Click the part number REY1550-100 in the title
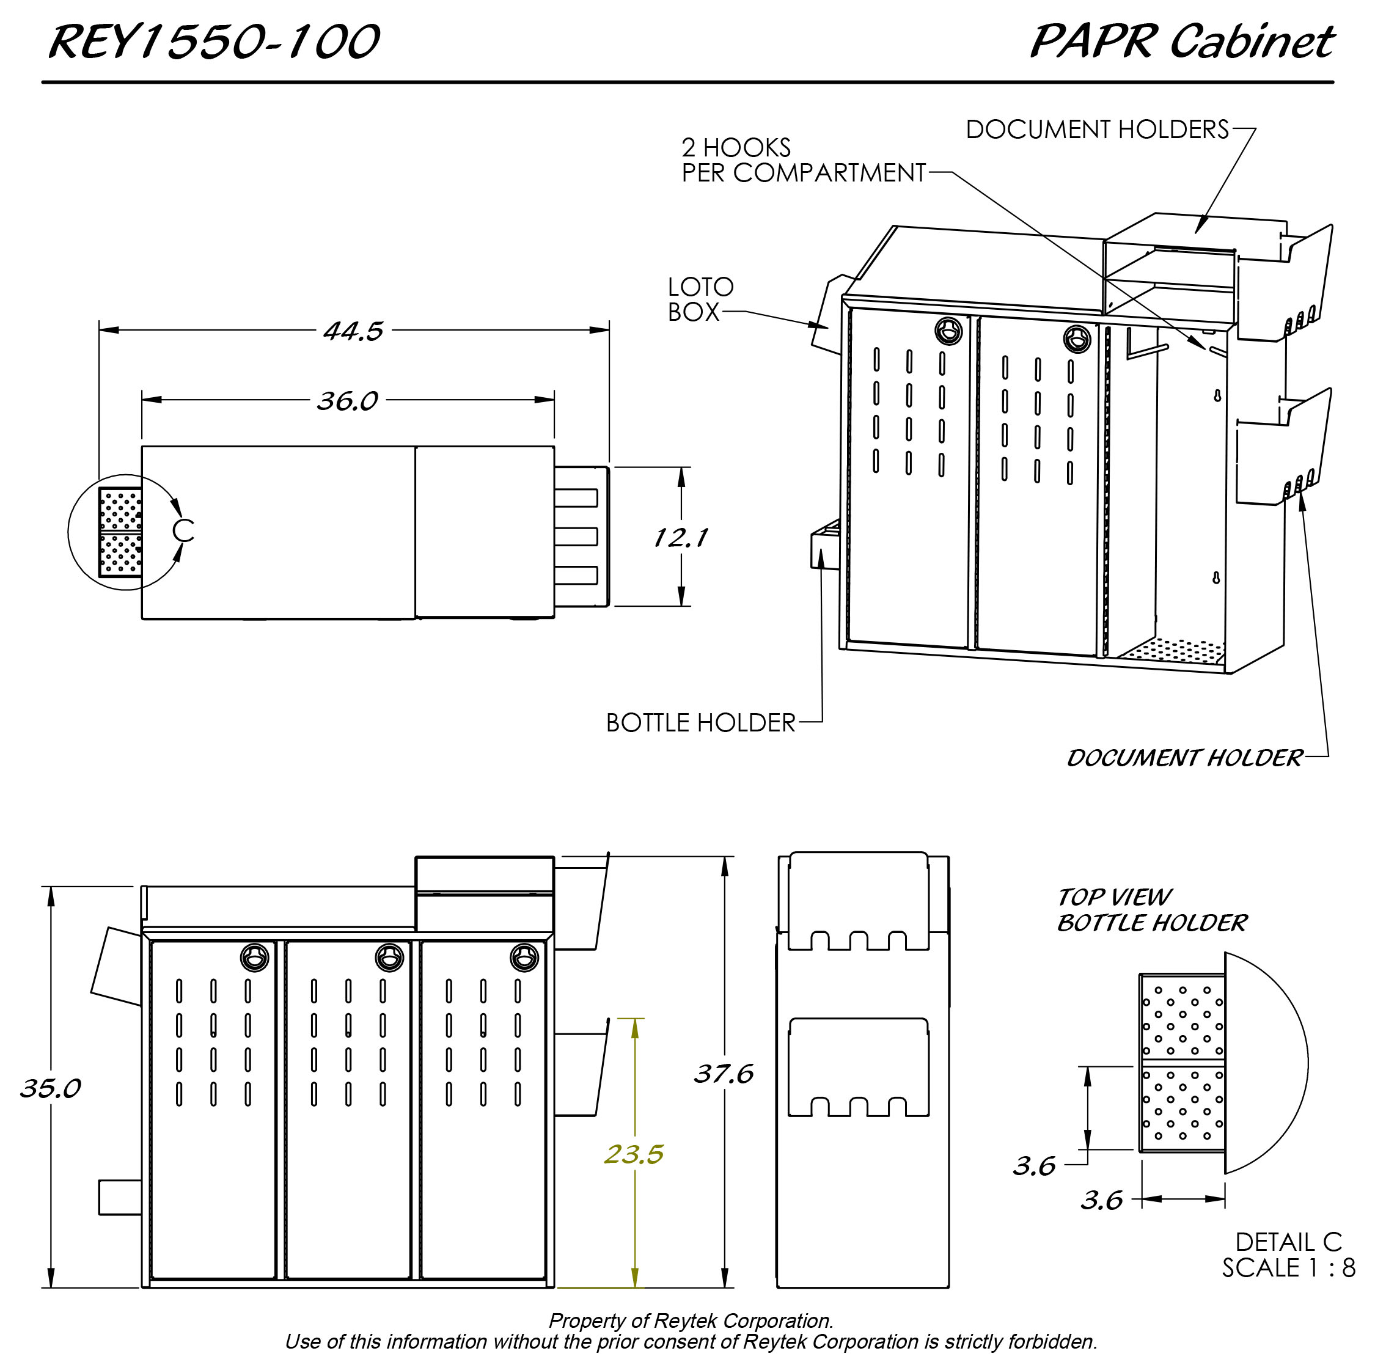[x=213, y=42]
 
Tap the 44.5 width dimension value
[x=353, y=331]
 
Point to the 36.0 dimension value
[x=347, y=401]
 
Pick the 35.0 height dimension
[x=51, y=1088]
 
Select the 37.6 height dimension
[x=724, y=1074]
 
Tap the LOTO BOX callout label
[x=700, y=299]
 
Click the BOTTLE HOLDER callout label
[x=700, y=723]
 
